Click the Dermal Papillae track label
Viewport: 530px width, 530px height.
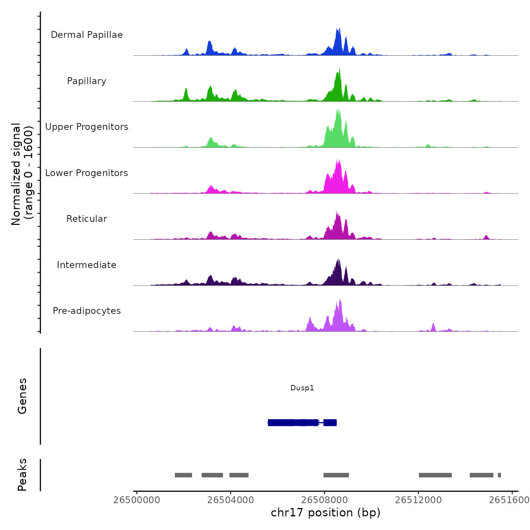pyautogui.click(x=87, y=35)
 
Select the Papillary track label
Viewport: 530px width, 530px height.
pyautogui.click(x=87, y=81)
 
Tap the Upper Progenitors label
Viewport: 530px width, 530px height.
pyautogui.click(x=87, y=127)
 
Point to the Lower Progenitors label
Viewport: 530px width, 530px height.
pyautogui.click(x=87, y=173)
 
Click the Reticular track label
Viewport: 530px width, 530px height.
pyautogui.click(x=87, y=219)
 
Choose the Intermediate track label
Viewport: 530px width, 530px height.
pyautogui.click(x=87, y=265)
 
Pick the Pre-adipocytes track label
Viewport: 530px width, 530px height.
pyautogui.click(x=87, y=311)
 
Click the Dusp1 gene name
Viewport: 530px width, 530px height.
pyautogui.click(x=302, y=388)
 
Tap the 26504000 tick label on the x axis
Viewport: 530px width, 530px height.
pyautogui.click(x=231, y=500)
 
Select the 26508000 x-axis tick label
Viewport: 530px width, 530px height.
pyautogui.click(x=324, y=500)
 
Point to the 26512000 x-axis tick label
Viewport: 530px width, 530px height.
pyautogui.click(x=418, y=500)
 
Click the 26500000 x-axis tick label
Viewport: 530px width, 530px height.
pyautogui.click(x=137, y=500)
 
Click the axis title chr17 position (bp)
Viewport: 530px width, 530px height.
pyautogui.click(x=326, y=513)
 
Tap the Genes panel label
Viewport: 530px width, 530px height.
pyautogui.click(x=22, y=396)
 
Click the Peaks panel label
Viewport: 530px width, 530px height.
pyautogui.click(x=22, y=474)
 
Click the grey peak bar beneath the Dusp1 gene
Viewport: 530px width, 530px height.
pyautogui.click(x=336, y=475)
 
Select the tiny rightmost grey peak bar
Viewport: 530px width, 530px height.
pyautogui.click(x=499, y=475)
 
